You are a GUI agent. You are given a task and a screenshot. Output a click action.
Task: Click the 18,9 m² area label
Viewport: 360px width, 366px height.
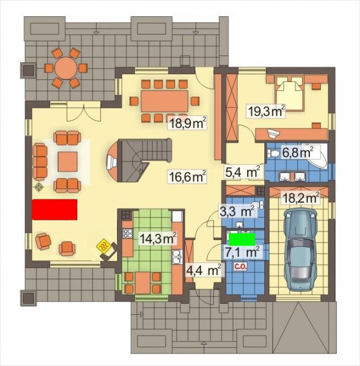(188, 123)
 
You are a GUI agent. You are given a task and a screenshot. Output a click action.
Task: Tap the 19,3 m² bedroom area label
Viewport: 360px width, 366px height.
(266, 111)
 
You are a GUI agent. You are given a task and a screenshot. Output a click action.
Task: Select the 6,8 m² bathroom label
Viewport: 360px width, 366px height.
(297, 153)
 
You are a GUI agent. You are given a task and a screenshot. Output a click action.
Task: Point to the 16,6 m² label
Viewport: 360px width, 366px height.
(188, 177)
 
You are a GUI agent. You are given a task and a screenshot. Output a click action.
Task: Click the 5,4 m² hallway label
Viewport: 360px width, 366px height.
(242, 172)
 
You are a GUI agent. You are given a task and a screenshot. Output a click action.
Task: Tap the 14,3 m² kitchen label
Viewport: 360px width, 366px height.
(158, 238)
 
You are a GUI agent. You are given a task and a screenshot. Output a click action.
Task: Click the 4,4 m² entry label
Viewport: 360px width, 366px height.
(204, 270)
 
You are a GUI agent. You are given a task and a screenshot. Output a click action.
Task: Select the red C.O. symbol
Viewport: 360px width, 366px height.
(240, 266)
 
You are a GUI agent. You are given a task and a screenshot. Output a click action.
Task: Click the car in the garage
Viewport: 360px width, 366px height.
(300, 249)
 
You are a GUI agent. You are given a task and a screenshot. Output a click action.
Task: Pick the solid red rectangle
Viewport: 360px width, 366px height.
(54, 209)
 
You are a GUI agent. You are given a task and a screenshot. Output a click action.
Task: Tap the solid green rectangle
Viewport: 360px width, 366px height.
(242, 239)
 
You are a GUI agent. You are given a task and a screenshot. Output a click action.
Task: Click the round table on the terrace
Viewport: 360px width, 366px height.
(66, 68)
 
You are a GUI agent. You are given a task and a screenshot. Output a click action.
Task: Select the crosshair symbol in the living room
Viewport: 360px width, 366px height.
(39, 187)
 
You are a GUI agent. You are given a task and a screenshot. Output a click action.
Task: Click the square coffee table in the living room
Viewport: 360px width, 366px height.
(67, 162)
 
